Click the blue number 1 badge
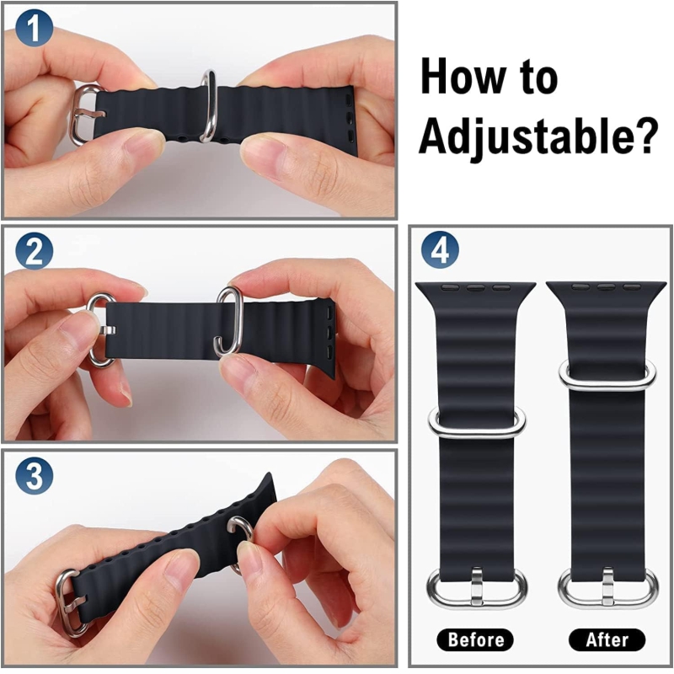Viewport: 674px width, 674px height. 35,28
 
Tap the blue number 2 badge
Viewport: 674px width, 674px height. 35,251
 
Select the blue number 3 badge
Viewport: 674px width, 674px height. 35,475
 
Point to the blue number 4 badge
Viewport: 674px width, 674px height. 440,249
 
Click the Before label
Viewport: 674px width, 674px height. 475,639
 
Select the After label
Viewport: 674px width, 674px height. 607,639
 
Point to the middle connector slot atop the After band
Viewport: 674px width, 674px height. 607,286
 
